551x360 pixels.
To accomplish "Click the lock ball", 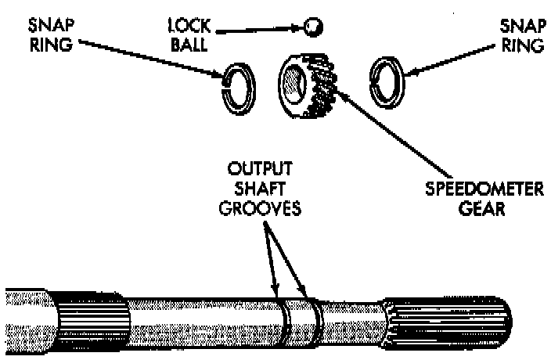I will point(315,27).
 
